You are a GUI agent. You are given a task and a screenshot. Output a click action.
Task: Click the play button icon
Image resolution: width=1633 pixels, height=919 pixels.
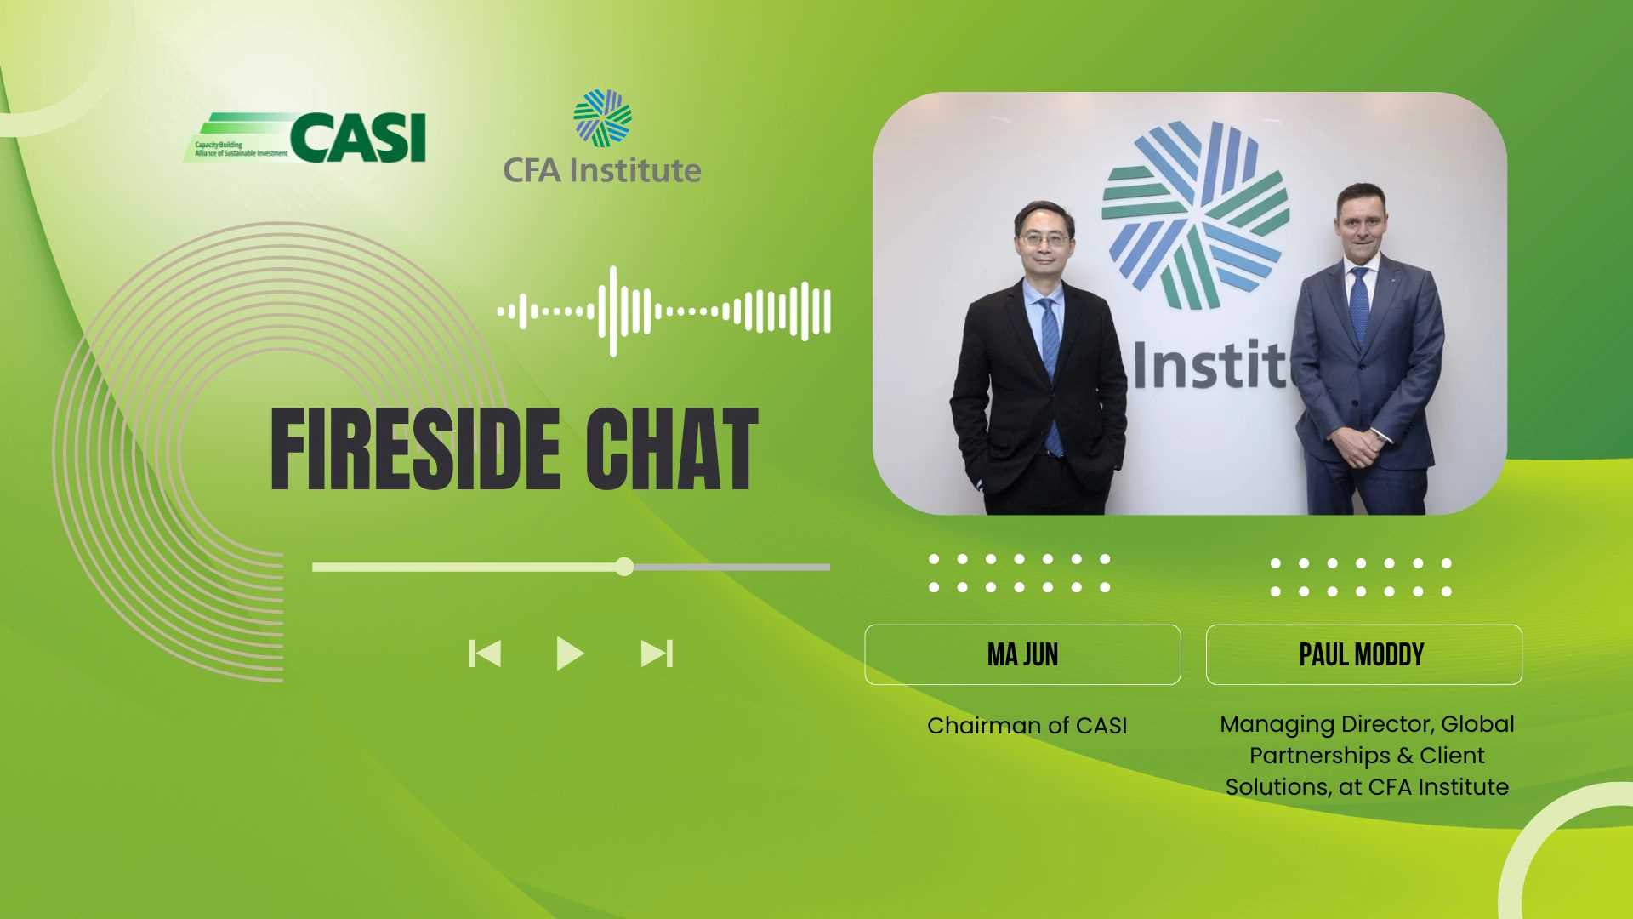point(570,654)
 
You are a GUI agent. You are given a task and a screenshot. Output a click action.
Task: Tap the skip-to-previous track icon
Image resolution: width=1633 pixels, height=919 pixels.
point(485,654)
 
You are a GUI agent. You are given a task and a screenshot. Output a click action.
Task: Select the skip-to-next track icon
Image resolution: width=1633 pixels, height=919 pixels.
point(657,654)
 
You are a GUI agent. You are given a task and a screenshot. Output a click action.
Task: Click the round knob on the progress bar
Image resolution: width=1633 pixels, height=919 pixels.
point(624,567)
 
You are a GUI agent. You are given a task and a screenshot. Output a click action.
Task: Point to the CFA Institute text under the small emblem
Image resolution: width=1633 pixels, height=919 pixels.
point(602,170)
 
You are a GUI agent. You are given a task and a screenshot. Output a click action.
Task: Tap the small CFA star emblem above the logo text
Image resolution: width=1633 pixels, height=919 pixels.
point(602,117)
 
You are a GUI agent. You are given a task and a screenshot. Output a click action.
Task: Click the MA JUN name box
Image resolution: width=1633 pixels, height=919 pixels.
point(1022,654)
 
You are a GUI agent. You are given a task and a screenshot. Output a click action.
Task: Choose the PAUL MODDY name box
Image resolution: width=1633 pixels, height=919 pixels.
point(1363,654)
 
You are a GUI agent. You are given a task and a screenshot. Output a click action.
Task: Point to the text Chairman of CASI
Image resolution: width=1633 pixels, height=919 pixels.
point(1027,726)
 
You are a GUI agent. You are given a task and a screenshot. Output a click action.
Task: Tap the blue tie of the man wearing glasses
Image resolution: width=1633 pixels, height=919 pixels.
point(1051,374)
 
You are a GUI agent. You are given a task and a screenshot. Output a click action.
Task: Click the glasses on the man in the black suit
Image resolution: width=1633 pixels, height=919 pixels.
point(1043,240)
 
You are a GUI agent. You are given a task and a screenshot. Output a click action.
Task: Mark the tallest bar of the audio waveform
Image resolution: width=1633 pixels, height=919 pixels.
point(612,311)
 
